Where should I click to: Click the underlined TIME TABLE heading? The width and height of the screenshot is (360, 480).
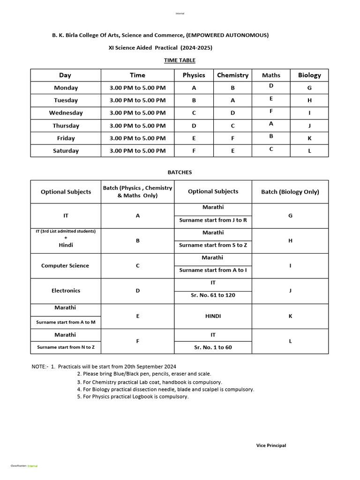[180, 60]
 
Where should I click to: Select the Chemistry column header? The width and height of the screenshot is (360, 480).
[232, 75]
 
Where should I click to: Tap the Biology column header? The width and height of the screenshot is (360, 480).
[309, 75]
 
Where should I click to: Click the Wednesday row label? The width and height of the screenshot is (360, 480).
[66, 113]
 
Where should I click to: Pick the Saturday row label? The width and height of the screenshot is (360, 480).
[66, 151]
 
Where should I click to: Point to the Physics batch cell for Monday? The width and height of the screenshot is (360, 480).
[194, 88]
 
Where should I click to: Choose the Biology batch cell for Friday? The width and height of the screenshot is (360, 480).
[309, 138]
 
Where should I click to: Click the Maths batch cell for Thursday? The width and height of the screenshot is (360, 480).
[271, 124]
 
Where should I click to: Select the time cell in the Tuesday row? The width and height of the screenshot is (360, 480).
[137, 100]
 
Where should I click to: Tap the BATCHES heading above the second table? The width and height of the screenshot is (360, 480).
[180, 172]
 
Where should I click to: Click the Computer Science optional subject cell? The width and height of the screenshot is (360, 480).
[65, 266]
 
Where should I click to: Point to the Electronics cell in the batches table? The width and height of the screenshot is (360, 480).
[66, 291]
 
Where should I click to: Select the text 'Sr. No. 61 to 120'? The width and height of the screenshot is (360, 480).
[213, 295]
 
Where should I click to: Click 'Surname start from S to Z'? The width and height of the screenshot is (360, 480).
[213, 245]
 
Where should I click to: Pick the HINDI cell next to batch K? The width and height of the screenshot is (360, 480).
[213, 316]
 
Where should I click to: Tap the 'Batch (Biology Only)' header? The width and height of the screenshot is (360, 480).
[290, 192]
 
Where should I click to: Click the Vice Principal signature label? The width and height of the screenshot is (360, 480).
[271, 445]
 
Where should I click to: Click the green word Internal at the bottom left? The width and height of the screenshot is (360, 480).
[33, 466]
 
